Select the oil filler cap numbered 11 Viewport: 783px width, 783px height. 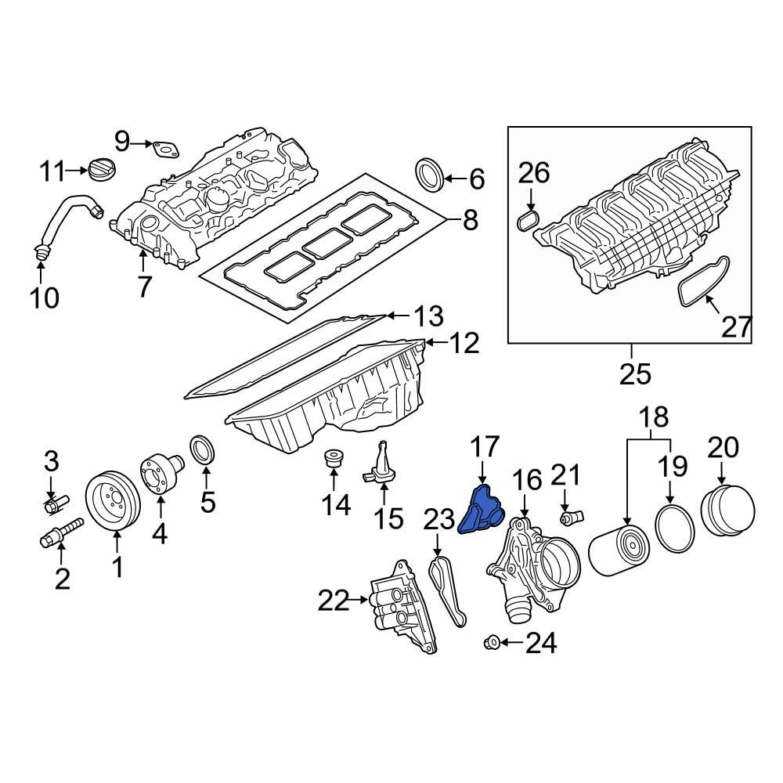[102, 168]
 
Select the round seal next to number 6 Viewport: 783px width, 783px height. [428, 174]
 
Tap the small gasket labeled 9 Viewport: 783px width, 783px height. [165, 147]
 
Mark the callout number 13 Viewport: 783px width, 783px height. [428, 317]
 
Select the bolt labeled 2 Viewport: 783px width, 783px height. [61, 536]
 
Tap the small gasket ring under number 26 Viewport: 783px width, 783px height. [529, 218]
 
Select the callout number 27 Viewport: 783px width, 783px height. [736, 327]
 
